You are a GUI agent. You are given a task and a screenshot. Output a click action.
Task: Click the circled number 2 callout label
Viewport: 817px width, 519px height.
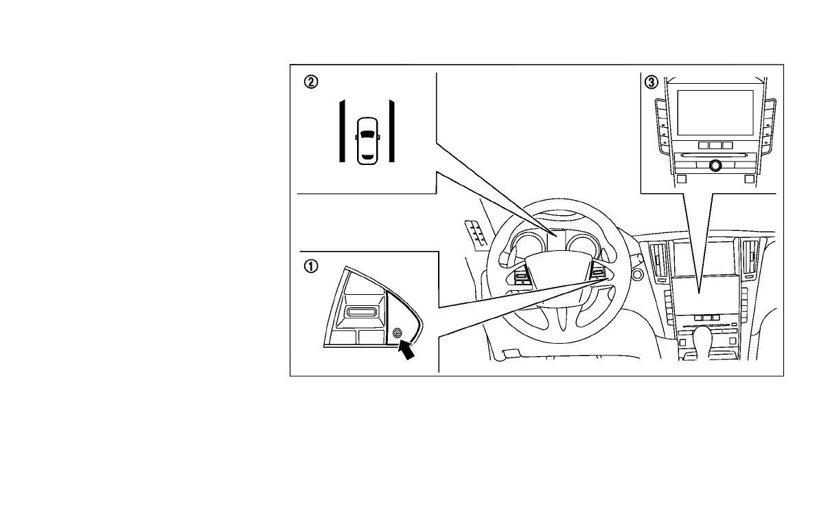click(x=311, y=82)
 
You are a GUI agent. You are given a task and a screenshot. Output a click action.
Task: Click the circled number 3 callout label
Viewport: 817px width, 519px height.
click(x=651, y=82)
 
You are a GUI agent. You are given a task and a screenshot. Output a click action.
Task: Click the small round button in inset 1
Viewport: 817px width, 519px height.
click(x=397, y=333)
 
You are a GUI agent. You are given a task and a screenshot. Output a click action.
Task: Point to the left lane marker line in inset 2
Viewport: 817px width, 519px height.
click(x=341, y=131)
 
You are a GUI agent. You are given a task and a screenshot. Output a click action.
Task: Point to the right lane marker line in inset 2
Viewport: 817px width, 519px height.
click(x=391, y=131)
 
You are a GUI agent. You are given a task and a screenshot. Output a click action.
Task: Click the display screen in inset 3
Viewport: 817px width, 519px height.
click(x=714, y=111)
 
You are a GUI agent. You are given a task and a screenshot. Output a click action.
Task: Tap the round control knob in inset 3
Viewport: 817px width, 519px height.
click(x=715, y=165)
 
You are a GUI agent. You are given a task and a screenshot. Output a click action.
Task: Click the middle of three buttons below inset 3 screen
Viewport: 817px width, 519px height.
click(x=715, y=145)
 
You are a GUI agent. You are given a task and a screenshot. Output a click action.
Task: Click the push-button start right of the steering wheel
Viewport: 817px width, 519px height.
click(x=636, y=275)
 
